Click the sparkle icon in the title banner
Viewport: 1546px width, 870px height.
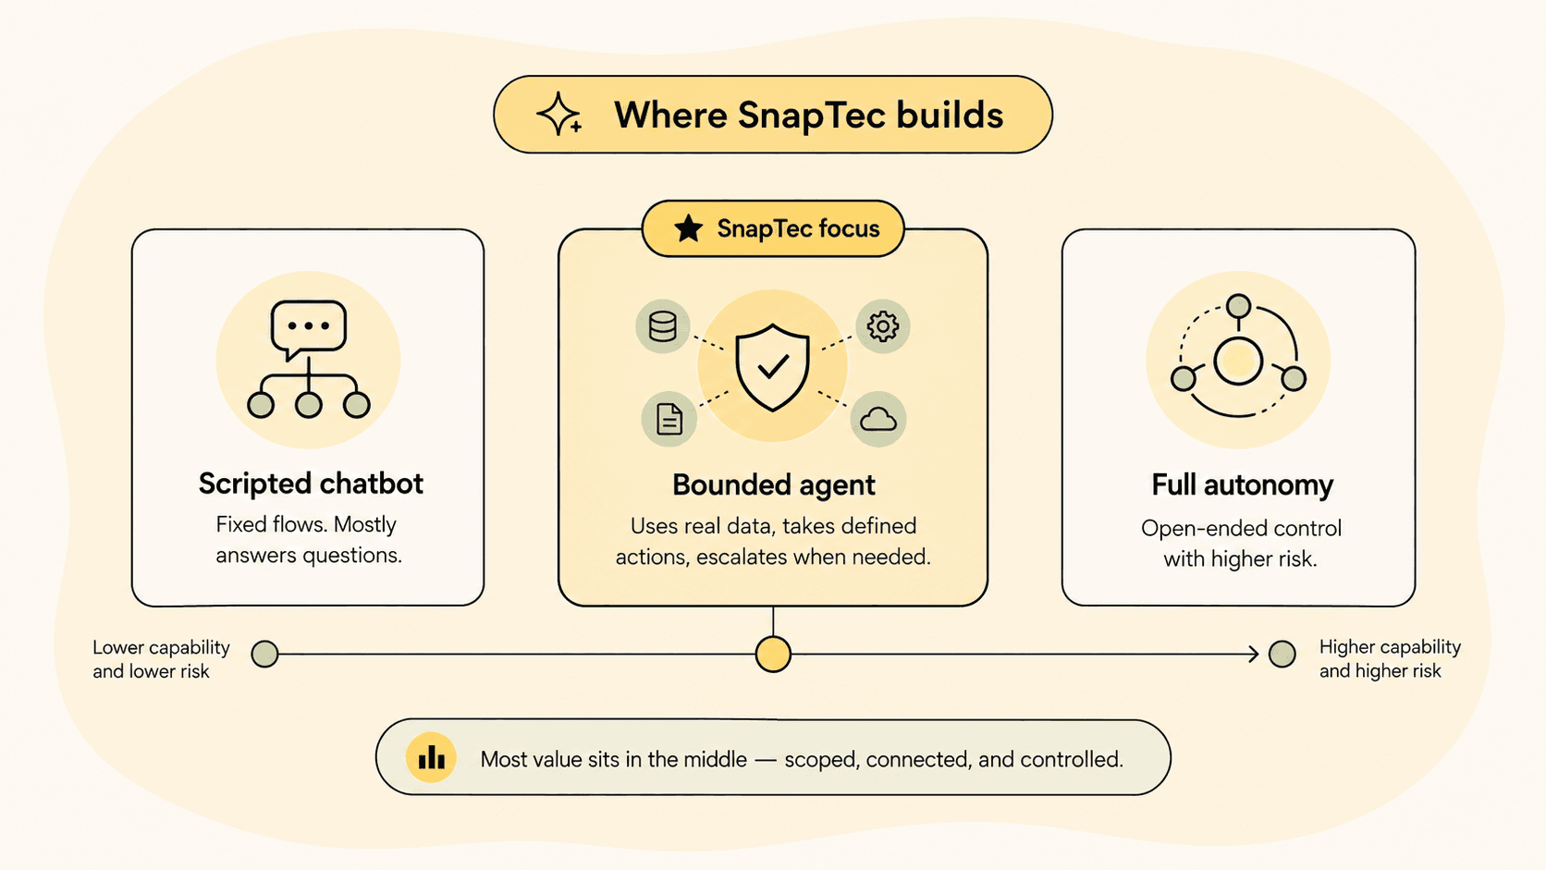coord(558,114)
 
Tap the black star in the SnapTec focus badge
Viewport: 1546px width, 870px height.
coord(688,228)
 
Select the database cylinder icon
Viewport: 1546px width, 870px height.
coord(663,326)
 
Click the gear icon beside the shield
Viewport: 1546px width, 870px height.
coord(883,326)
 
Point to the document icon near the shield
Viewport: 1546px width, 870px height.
coord(669,419)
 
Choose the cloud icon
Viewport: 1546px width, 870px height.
coord(877,419)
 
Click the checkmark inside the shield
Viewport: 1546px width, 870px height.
coord(773,366)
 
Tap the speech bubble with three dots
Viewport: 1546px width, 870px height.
coord(309,329)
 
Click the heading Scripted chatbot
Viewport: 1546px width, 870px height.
coord(311,484)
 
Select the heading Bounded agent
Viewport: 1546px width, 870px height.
coord(774,485)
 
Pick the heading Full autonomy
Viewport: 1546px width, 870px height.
coord(1243,485)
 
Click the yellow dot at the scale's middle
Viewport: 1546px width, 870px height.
coord(773,654)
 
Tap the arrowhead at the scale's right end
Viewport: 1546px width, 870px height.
coord(1254,654)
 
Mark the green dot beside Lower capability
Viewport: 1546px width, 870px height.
coord(264,654)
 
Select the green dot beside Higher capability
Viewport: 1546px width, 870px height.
coord(1282,654)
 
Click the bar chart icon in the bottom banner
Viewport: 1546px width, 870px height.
coord(431,757)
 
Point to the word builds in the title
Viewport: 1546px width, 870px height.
coord(950,115)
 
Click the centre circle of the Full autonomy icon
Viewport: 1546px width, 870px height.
coord(1238,361)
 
